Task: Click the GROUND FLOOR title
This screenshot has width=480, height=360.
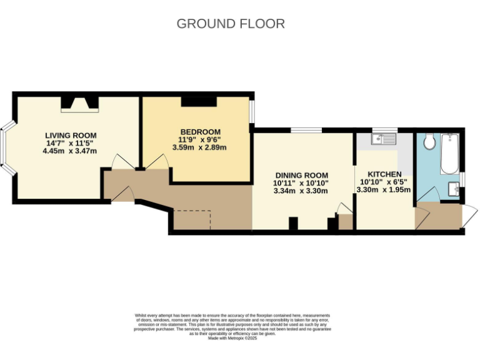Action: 231,24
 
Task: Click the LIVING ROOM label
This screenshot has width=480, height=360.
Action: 71,135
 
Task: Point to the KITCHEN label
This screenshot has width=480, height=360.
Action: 384,174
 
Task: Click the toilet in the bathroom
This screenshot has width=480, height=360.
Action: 429,142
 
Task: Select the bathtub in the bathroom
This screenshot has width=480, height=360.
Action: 449,154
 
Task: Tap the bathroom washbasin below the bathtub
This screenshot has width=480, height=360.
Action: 454,188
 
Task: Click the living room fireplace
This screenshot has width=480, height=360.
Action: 79,105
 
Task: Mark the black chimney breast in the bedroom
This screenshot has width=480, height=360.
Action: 199,101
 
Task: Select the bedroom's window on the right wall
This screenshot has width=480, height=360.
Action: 252,112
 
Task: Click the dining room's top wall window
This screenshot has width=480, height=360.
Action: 306,130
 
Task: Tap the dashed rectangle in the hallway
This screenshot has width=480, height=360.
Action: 192,219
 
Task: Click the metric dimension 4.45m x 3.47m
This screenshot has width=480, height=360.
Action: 71,151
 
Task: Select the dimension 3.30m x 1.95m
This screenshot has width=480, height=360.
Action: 384,189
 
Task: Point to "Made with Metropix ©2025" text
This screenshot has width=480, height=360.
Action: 232,338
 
